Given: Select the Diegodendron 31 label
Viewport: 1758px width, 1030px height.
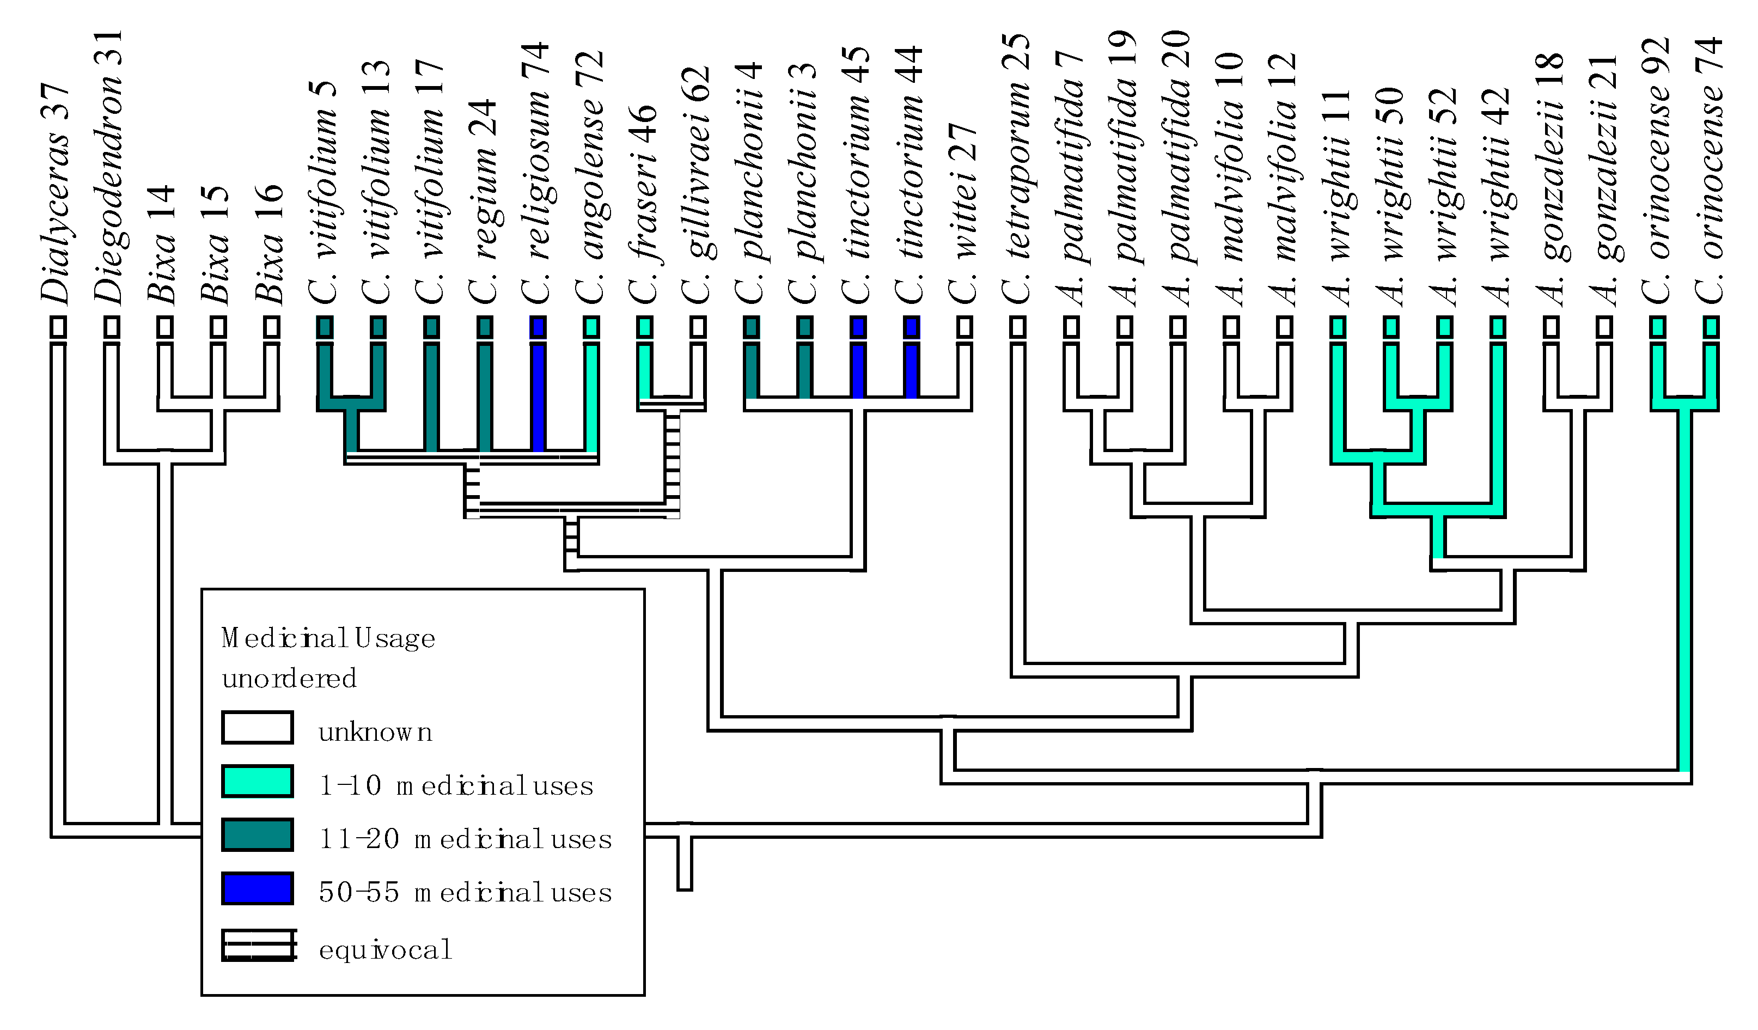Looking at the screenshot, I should click(x=109, y=167).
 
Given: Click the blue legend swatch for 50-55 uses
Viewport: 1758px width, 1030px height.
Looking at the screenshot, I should click(x=257, y=888).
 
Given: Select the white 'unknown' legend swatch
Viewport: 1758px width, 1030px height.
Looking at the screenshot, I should click(x=257, y=728).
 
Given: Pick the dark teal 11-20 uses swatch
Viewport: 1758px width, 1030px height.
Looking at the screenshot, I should click(x=257, y=834).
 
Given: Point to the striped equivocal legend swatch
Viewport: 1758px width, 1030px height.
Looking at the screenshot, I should click(x=258, y=946).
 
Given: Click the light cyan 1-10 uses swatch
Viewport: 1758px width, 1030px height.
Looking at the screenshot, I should click(x=257, y=781).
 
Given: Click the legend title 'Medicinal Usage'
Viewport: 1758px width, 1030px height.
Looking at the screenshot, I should click(x=328, y=638).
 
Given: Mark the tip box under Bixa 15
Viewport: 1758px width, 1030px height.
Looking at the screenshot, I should click(x=218, y=327).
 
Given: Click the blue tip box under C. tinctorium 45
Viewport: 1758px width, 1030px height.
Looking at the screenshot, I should click(x=858, y=327).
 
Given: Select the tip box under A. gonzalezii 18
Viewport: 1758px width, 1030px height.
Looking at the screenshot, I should click(x=1551, y=327).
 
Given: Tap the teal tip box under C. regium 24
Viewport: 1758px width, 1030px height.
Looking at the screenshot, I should click(x=485, y=327).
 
